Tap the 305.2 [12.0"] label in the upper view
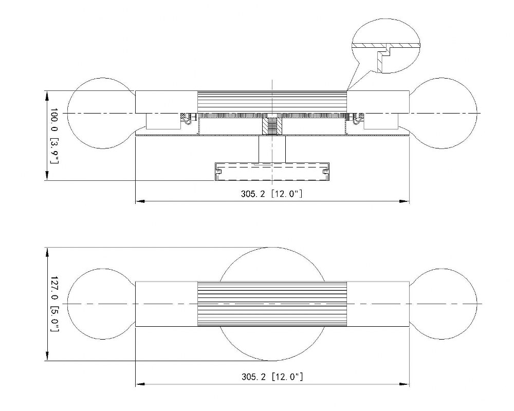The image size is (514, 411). point(272,194)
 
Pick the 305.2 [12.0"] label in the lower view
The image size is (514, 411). point(272,377)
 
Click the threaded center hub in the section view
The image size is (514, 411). point(272,126)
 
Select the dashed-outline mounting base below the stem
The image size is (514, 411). point(272,172)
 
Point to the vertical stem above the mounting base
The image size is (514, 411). point(272,149)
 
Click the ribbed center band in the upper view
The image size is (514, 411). point(272,102)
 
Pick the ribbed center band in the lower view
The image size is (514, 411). point(272,304)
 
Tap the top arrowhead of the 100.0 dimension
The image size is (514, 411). point(47,96)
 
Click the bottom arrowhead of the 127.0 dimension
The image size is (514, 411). point(47,356)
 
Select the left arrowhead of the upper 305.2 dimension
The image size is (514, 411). point(140,201)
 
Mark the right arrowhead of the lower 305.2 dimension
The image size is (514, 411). point(405,384)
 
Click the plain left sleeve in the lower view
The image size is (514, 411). point(167,304)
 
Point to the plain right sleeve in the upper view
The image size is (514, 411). point(378,102)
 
